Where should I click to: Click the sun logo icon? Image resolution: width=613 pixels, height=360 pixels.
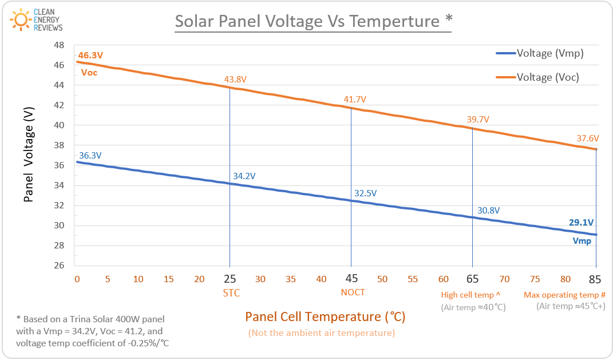(21, 20)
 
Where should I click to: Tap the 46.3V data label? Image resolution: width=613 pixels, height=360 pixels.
(90, 56)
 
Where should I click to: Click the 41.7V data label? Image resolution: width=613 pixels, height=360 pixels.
(355, 100)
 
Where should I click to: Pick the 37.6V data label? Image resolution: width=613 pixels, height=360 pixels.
(588, 138)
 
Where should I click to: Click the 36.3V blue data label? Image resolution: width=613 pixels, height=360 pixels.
(90, 155)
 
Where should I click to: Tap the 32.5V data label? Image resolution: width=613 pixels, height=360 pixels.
(366, 193)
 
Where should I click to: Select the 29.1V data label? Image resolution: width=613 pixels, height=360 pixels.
(582, 223)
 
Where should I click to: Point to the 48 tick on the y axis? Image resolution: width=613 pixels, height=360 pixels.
(59, 45)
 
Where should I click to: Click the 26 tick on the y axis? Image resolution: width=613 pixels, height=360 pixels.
(59, 266)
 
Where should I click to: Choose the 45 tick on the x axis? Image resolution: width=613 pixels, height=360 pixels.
(351, 279)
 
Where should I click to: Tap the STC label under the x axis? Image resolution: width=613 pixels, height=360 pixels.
(231, 293)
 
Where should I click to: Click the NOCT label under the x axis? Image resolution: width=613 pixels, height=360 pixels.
(353, 292)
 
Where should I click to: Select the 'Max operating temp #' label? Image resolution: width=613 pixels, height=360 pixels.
(564, 295)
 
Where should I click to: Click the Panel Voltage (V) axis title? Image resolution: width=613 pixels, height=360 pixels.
(29, 156)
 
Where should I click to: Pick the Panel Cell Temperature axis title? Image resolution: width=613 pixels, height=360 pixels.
(325, 317)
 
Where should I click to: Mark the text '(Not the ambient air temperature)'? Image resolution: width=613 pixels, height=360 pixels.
(321, 333)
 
